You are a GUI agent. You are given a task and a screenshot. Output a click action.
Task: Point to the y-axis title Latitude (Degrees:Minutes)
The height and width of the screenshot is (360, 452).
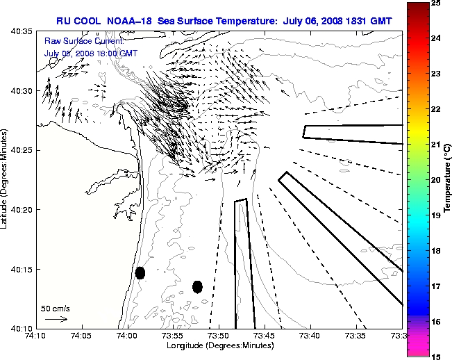(6, 179)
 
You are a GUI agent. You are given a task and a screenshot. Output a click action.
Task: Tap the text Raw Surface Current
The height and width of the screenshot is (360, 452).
(83, 42)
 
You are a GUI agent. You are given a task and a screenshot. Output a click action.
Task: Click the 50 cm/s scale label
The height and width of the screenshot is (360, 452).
(55, 308)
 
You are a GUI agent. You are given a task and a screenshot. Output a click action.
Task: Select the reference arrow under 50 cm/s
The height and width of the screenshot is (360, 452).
(56, 320)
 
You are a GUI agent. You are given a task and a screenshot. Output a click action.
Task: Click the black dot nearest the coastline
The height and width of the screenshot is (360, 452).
(140, 272)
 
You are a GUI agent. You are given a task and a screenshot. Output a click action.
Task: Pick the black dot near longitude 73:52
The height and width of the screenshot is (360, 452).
(197, 286)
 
